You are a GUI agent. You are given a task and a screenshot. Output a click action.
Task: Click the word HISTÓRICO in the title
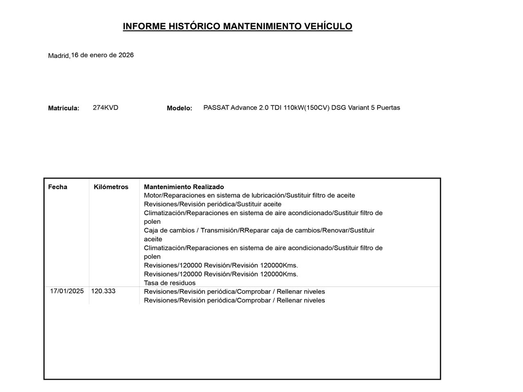coord(194,27)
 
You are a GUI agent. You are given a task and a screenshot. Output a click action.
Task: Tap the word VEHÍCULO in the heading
coord(329,27)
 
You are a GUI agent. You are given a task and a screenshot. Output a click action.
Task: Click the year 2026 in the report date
coord(126,55)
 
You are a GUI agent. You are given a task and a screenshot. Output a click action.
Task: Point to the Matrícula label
coord(64,108)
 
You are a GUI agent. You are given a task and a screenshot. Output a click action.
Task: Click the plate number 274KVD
coord(105,108)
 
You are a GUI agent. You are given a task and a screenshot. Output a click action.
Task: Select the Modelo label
coord(179,108)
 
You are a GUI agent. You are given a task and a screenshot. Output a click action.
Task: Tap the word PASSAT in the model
coord(216,108)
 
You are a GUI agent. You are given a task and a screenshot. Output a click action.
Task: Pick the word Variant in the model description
coord(358,108)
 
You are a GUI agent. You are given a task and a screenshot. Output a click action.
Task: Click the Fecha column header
coord(58,187)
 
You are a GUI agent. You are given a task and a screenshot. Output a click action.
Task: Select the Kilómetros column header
coord(111,187)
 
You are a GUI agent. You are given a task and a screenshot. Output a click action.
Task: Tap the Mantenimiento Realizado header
coord(184,187)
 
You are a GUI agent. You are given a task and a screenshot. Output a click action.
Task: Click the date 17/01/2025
coord(67,291)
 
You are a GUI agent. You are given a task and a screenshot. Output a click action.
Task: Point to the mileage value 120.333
coord(103,291)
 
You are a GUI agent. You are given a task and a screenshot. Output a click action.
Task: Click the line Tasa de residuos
coord(170,283)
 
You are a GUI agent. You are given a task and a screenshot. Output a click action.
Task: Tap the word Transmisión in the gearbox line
coord(220,230)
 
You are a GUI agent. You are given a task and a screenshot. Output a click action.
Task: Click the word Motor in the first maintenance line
coord(152,196)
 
